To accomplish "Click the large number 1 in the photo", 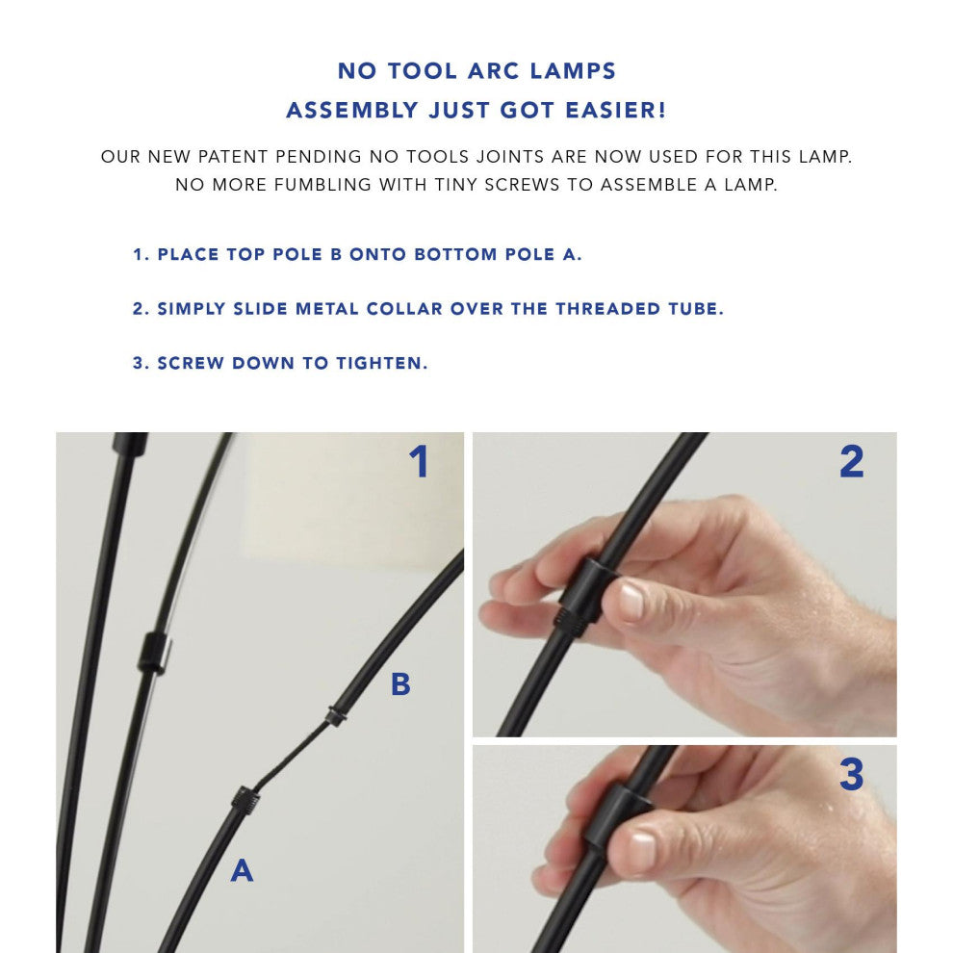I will coord(418,462).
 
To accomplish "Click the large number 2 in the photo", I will coord(851,462).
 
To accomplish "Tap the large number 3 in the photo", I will coord(851,775).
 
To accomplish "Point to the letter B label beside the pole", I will coord(400,684).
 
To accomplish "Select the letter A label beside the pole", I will coord(242,870).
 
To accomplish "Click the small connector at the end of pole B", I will coord(334,717).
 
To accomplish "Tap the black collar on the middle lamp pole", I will coord(154,653).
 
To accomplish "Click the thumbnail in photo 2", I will coord(631,601).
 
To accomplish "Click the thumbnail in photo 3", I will coord(636,851).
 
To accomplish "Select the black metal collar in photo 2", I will coord(581,591).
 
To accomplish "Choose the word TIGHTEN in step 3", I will coord(381,364).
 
